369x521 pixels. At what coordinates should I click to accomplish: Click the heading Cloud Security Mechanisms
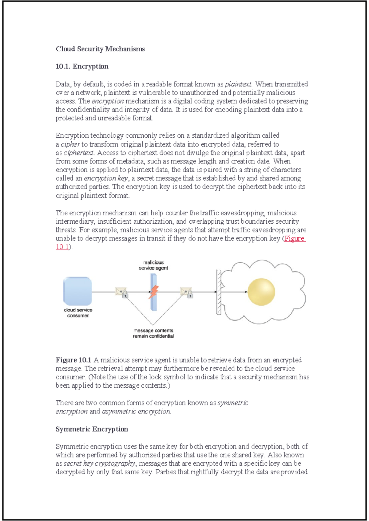pyautogui.click(x=100, y=49)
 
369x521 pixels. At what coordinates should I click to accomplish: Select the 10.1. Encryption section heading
pyautogui.click(x=82, y=66)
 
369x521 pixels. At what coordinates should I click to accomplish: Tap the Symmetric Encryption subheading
pyautogui.click(x=92, y=429)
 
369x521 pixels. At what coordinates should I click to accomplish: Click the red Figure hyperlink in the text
pyautogui.click(x=294, y=238)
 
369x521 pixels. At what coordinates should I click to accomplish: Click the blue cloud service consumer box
pyautogui.click(x=77, y=291)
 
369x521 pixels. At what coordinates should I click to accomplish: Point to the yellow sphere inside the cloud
pyautogui.click(x=261, y=292)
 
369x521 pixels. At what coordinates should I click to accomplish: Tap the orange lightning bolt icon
pyautogui.click(x=154, y=292)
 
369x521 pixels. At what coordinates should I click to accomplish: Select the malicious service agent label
pyautogui.click(x=153, y=265)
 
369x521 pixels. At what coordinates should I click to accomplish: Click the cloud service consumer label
pyautogui.click(x=78, y=313)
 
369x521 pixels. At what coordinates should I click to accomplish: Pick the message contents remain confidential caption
pyautogui.click(x=153, y=333)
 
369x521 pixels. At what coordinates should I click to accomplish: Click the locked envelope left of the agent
pyautogui.click(x=122, y=292)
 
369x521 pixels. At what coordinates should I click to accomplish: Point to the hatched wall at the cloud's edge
pyautogui.click(x=219, y=292)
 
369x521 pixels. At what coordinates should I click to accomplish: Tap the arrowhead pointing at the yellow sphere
pyautogui.click(x=246, y=292)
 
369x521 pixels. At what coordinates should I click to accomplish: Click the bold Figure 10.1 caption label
pyautogui.click(x=73, y=360)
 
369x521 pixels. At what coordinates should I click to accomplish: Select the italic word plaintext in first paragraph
pyautogui.click(x=238, y=84)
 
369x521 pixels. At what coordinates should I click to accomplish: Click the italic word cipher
pyautogui.click(x=70, y=144)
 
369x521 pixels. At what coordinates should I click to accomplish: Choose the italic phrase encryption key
pyautogui.click(x=106, y=178)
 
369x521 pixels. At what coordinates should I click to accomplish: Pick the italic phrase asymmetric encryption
pyautogui.click(x=136, y=411)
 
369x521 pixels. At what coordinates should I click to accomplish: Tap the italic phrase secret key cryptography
pyautogui.click(x=99, y=464)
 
